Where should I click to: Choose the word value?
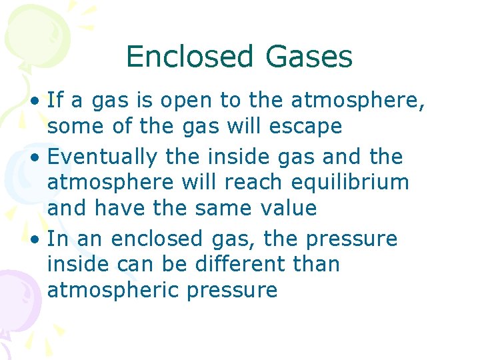pos(285,209)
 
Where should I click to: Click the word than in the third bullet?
pos(315,265)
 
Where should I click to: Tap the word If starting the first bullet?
pos(55,101)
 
